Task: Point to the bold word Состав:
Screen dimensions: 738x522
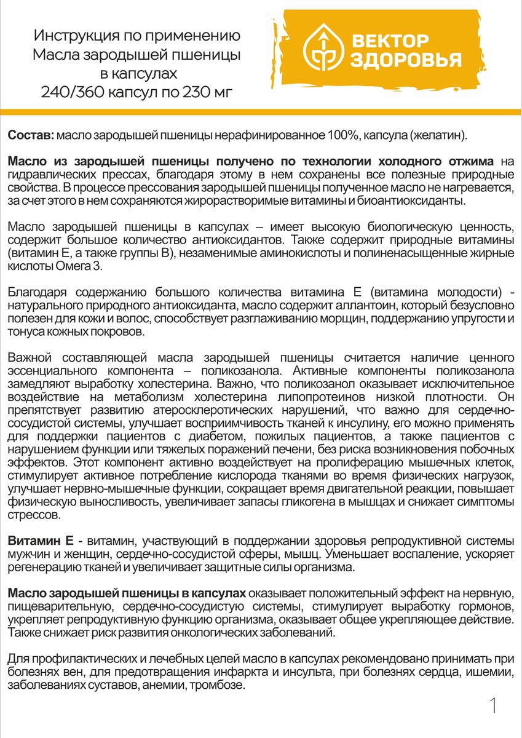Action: pyautogui.click(x=31, y=135)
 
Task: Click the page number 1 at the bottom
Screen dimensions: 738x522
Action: pyautogui.click(x=493, y=706)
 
